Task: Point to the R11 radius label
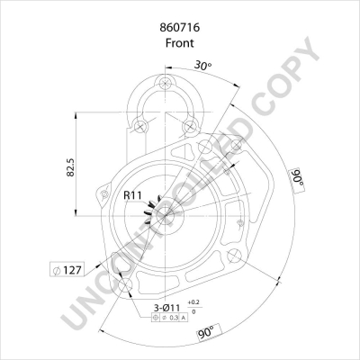click(131, 195)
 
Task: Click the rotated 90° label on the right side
click(296, 178)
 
